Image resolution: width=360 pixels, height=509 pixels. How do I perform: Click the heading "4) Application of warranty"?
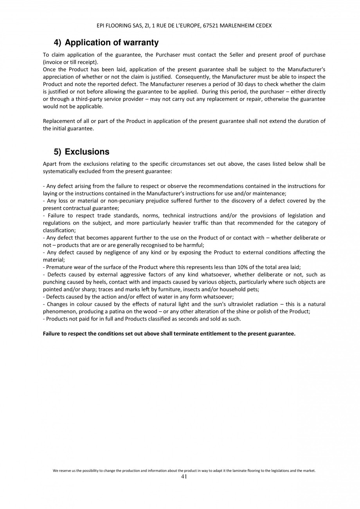click(x=106, y=42)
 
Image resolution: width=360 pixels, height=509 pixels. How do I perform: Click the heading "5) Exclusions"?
click(x=81, y=152)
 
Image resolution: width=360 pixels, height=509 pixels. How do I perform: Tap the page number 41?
click(x=184, y=477)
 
